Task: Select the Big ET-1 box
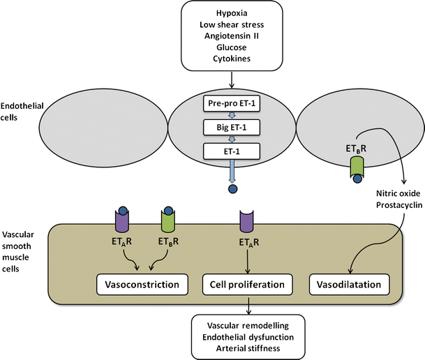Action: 230,127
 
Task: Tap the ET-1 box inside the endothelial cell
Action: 230,149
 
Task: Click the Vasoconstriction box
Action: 142,285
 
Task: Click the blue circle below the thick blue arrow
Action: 230,188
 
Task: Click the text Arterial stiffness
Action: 248,348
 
